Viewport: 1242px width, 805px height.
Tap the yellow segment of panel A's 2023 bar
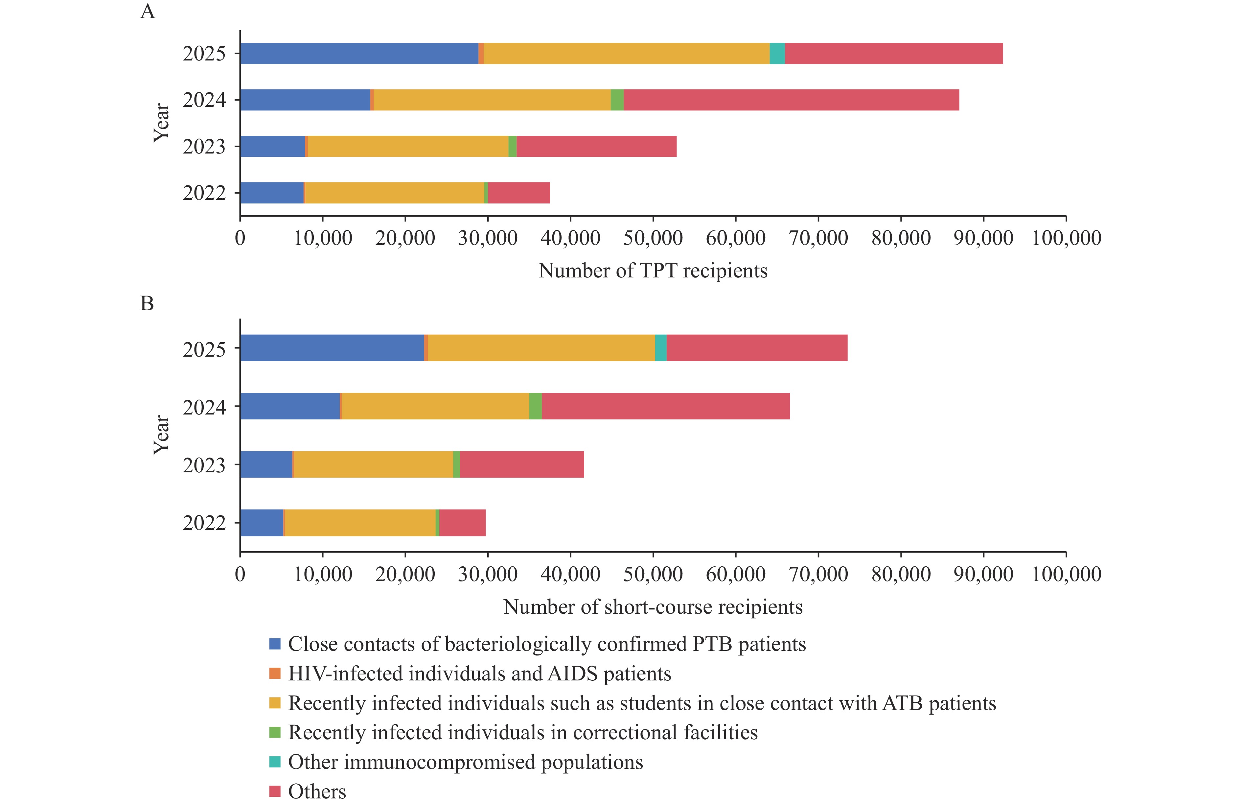[408, 146]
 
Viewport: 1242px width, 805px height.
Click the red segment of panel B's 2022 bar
[462, 523]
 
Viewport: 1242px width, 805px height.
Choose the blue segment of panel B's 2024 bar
[289, 406]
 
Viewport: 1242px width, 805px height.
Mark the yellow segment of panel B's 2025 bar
[541, 348]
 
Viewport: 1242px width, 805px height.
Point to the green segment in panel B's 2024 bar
[536, 406]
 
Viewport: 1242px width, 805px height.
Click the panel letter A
[148, 11]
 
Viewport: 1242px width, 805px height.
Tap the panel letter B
[147, 303]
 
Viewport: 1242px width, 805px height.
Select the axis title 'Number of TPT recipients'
[653, 271]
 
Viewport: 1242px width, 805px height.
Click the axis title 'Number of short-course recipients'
[653, 606]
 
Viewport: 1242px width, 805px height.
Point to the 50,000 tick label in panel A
[653, 238]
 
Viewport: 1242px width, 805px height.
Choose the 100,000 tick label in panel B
[1066, 574]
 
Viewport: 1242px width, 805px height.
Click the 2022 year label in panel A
[204, 193]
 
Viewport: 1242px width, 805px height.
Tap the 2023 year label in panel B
[204, 464]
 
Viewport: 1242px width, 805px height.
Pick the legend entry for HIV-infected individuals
[479, 674]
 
